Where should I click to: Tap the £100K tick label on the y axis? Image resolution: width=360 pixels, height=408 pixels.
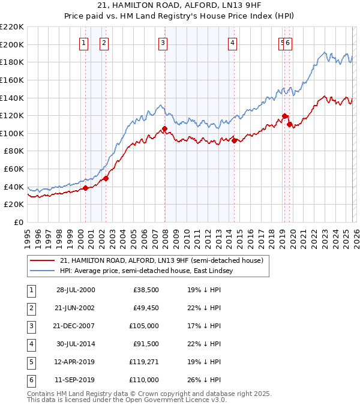(x=12, y=133)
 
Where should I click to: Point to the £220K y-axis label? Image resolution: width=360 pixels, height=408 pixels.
(x=12, y=27)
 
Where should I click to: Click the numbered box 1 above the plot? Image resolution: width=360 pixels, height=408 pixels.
(x=83, y=43)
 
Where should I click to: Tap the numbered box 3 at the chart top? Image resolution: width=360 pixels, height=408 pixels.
(x=163, y=43)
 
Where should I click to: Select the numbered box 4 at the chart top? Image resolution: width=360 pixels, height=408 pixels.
(x=232, y=43)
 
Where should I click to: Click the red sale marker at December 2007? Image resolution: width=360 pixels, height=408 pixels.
(x=164, y=128)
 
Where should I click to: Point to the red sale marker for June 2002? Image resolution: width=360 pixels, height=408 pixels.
(x=106, y=178)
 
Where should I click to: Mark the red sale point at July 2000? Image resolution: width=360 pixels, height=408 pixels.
(x=86, y=188)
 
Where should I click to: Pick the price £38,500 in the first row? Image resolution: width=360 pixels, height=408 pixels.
(x=145, y=290)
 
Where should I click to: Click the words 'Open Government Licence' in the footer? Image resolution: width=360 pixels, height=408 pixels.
(x=166, y=400)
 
